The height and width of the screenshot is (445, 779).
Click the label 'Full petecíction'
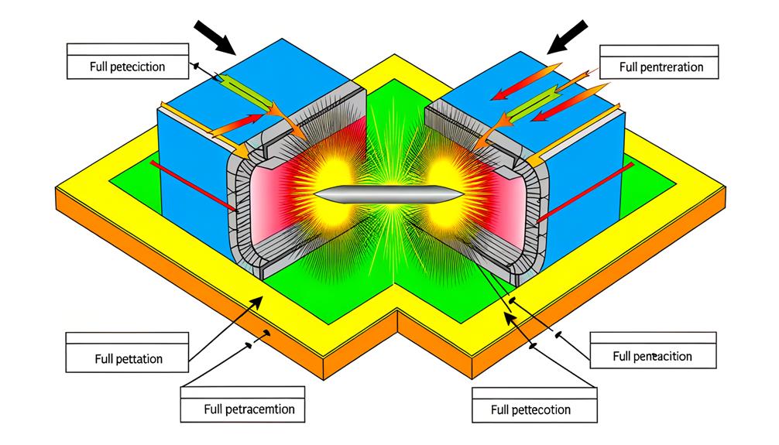[x=127, y=67]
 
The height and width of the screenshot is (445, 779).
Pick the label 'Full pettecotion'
[x=531, y=409]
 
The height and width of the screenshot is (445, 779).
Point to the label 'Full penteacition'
[x=651, y=357]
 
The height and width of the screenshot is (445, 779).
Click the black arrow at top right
[x=565, y=36]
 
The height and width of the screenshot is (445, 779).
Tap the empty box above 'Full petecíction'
[x=127, y=49]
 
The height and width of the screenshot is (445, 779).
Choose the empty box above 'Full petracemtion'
[x=248, y=390]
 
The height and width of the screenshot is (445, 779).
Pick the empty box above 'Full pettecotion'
[x=531, y=391]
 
